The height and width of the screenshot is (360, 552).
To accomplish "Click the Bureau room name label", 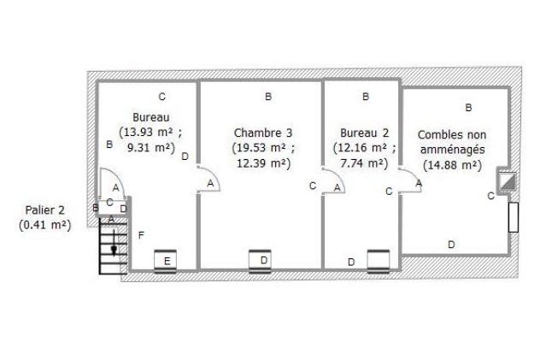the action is (150, 117).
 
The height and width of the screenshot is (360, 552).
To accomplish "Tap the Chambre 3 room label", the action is (263, 133).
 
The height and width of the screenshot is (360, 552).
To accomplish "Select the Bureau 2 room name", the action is (364, 133).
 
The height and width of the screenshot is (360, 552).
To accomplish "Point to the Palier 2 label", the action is (44, 210).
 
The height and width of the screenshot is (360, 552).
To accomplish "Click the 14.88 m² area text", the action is (452, 165).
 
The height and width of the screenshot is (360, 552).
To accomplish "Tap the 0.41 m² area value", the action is (44, 225).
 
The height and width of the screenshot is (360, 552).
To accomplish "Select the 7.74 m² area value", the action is (364, 163).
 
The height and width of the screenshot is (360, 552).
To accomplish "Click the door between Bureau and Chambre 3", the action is (208, 180).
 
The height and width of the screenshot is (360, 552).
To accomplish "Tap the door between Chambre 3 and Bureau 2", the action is (333, 180).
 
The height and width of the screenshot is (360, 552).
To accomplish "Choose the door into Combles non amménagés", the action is (410, 180).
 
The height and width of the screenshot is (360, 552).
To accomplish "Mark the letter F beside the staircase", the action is (141, 235).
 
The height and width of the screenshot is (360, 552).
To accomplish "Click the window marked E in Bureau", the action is (166, 262).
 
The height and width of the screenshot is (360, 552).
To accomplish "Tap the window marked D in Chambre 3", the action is (260, 262).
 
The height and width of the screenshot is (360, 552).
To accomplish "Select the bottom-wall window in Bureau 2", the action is (379, 262).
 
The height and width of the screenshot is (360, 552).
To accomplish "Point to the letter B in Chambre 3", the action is (268, 97).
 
